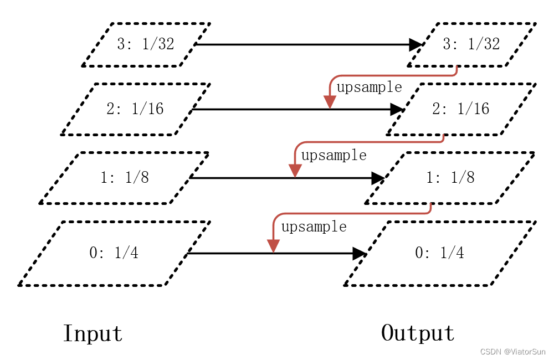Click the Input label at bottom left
pos(93,333)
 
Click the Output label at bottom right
pos(418,333)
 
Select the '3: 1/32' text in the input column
pos(146,44)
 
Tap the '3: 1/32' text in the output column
pos(471,44)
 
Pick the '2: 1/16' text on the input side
pos(135,109)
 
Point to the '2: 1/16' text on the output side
pos(461,109)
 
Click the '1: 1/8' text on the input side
pos(125,178)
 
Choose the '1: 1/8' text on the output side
pos(450,178)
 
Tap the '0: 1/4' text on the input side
pos(114,253)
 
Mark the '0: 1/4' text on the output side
pos(440,253)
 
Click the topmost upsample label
pos(369,88)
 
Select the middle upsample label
pos(334,156)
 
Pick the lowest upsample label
pos(314,227)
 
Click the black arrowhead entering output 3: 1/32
pos(416,44)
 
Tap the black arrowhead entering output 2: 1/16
pos(397,109)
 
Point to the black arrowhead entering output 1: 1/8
pos(378,178)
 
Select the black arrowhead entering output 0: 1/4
pos(360,254)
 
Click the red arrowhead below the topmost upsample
pos(330,102)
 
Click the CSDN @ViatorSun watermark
pos(512,352)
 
